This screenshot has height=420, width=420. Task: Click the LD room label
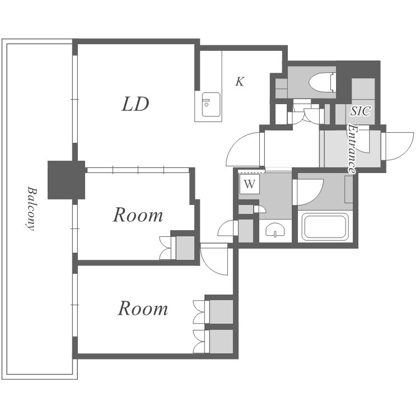(136, 104)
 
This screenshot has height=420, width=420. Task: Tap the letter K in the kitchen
(240, 81)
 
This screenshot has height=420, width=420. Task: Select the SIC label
(361, 111)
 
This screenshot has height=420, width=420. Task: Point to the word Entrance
(352, 149)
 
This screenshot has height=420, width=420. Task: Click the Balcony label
(32, 208)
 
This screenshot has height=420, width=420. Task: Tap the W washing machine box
(250, 184)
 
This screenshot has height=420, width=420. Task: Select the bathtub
(325, 226)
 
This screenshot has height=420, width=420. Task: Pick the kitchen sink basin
(211, 105)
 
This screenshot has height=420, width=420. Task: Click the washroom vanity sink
(275, 230)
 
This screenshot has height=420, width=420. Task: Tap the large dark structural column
(67, 180)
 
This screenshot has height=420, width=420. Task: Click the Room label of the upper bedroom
(138, 215)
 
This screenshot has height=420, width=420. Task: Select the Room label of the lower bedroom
(143, 309)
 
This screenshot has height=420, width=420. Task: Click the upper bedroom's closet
(185, 248)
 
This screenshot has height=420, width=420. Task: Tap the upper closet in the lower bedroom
(221, 312)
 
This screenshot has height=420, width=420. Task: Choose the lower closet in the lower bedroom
(221, 341)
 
